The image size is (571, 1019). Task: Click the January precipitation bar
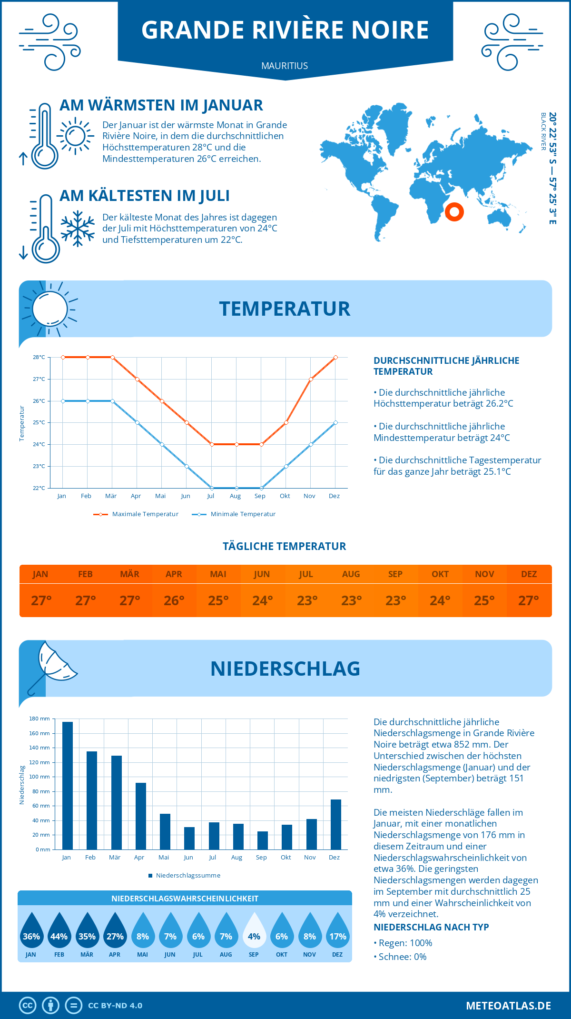[x=68, y=786]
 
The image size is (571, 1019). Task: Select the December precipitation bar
[x=336, y=824]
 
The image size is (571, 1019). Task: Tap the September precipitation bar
[x=263, y=840]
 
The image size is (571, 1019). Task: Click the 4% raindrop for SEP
[x=254, y=931]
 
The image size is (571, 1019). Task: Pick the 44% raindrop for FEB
[x=59, y=931]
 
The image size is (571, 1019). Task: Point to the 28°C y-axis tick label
[x=39, y=357]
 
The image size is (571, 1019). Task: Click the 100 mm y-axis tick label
[x=40, y=777]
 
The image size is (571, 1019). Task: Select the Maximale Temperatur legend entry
[x=136, y=514]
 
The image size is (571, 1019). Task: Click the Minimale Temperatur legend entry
[x=234, y=514]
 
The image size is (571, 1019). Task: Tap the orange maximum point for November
[x=311, y=380]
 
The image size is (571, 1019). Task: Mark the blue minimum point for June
[x=187, y=466]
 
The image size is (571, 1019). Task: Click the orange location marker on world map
[x=454, y=211]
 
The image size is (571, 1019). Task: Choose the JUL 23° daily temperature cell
[x=307, y=600]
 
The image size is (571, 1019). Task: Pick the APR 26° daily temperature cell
[x=174, y=600]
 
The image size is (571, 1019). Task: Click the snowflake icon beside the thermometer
[x=78, y=229]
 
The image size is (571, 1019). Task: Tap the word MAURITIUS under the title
[x=285, y=66]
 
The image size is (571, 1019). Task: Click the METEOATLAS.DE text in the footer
[x=508, y=1006]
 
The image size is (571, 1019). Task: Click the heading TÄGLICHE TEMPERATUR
[x=285, y=546]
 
